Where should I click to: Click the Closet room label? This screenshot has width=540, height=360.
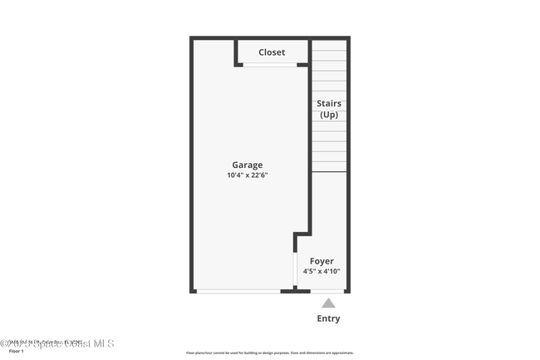click(x=272, y=52)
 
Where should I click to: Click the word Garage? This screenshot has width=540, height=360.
click(x=247, y=165)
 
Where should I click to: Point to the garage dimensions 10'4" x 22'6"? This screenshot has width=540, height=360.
click(x=247, y=175)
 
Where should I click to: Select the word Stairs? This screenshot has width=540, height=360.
click(x=329, y=104)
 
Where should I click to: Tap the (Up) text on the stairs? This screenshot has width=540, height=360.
click(x=329, y=114)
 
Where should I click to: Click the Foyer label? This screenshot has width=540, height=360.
click(x=321, y=261)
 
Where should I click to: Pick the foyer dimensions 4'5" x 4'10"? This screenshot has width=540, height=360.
click(x=321, y=271)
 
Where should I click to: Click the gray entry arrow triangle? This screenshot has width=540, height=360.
click(x=328, y=303)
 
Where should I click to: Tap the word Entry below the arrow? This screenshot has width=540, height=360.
click(x=328, y=318)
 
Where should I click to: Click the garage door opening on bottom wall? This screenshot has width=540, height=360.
click(x=238, y=291)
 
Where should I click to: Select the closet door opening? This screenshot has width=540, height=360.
click(x=270, y=65)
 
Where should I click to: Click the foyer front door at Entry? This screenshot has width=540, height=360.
click(x=327, y=291)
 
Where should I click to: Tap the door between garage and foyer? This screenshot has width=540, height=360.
click(x=296, y=269)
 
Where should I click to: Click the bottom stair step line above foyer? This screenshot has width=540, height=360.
click(x=329, y=172)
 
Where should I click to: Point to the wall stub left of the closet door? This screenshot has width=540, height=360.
click(x=238, y=64)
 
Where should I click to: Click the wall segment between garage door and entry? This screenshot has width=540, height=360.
click(x=289, y=291)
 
